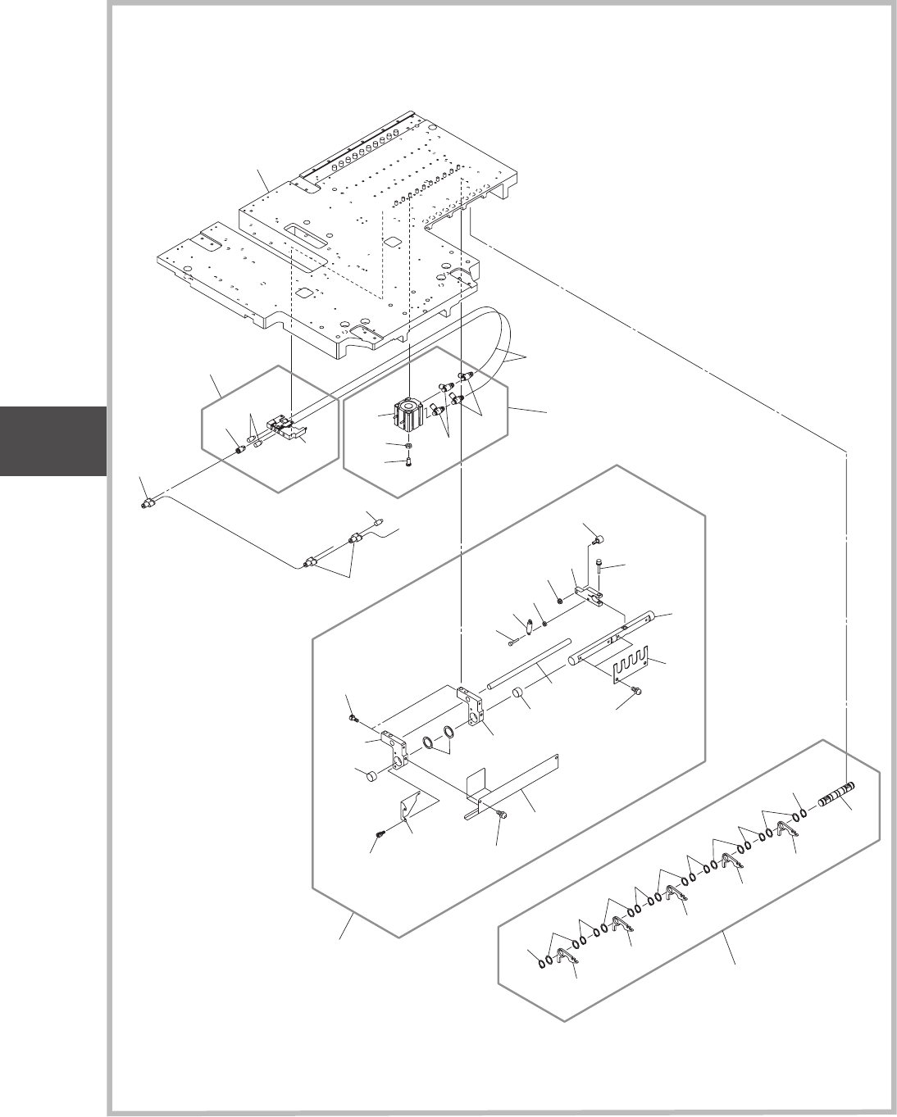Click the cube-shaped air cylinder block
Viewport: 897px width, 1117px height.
tap(408, 414)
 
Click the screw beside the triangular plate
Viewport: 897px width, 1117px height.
tap(380, 833)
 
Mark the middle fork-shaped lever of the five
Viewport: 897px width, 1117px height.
tap(676, 894)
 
